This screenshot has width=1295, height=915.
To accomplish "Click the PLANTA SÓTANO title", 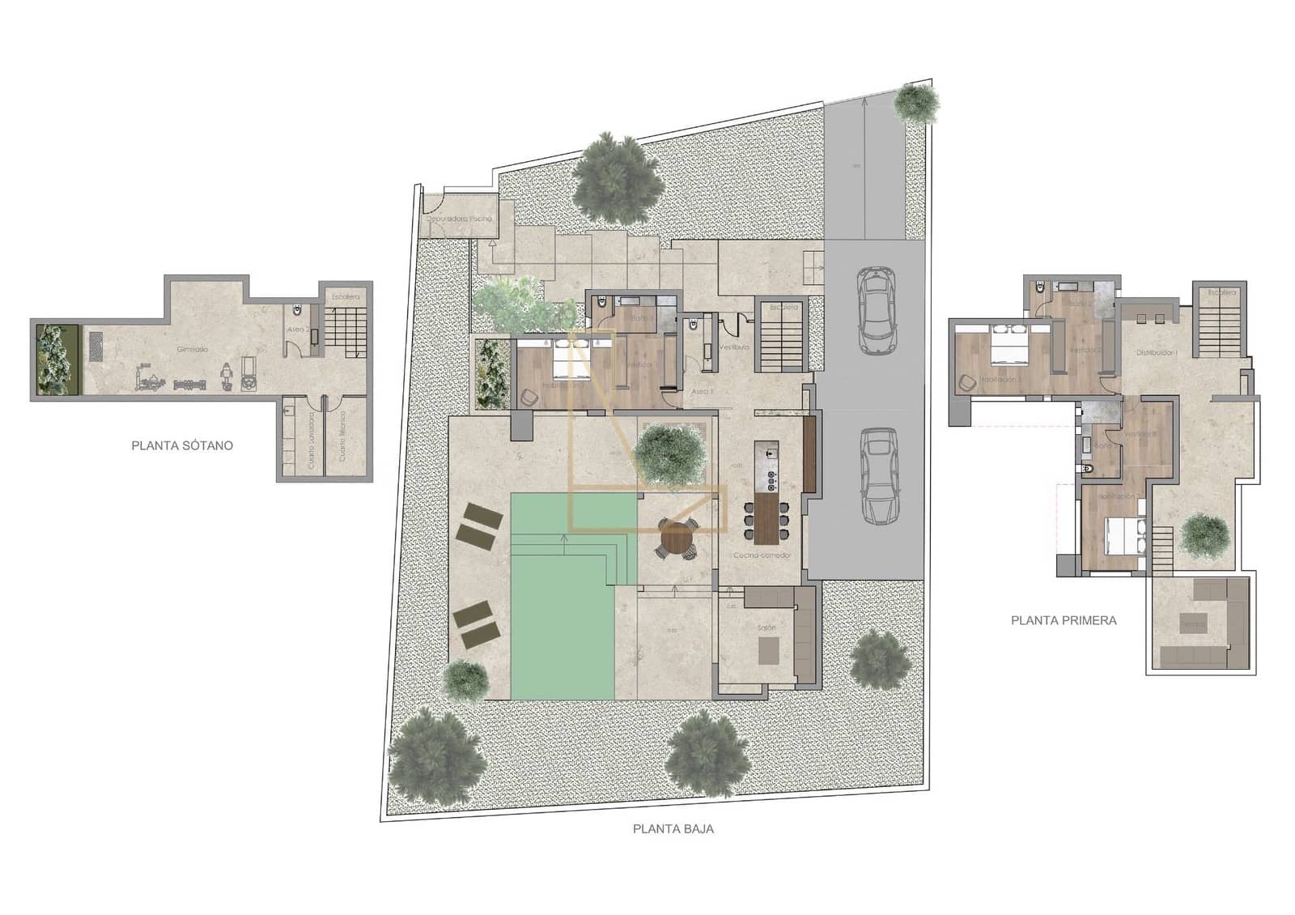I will pos(182,445).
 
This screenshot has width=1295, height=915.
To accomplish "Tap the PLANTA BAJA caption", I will pos(673,828).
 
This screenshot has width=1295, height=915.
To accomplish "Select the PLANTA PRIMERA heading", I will pos(1064,620).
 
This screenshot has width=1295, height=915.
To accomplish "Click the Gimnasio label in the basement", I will pos(193,349).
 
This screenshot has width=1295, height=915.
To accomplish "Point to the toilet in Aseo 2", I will pos(297,310).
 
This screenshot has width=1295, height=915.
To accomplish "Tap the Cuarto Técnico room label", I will pos(342,437).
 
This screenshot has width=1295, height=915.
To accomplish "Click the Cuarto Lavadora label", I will pos(311,440).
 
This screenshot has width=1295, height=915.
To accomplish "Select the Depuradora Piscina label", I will pos(459,219).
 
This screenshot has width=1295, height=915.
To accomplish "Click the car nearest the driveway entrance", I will pos(875,310).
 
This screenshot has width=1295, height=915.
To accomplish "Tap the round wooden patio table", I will pos(677,537).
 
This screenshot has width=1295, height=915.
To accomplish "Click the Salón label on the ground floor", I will pos(766,628).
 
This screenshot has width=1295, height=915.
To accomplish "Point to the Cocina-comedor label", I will pos(762,555).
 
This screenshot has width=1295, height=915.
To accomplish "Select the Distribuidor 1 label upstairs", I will pos(1157,353).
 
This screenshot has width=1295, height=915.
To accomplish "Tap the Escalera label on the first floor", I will pos(1221,292).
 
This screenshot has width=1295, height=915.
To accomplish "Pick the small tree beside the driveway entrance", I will pos(916,102).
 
